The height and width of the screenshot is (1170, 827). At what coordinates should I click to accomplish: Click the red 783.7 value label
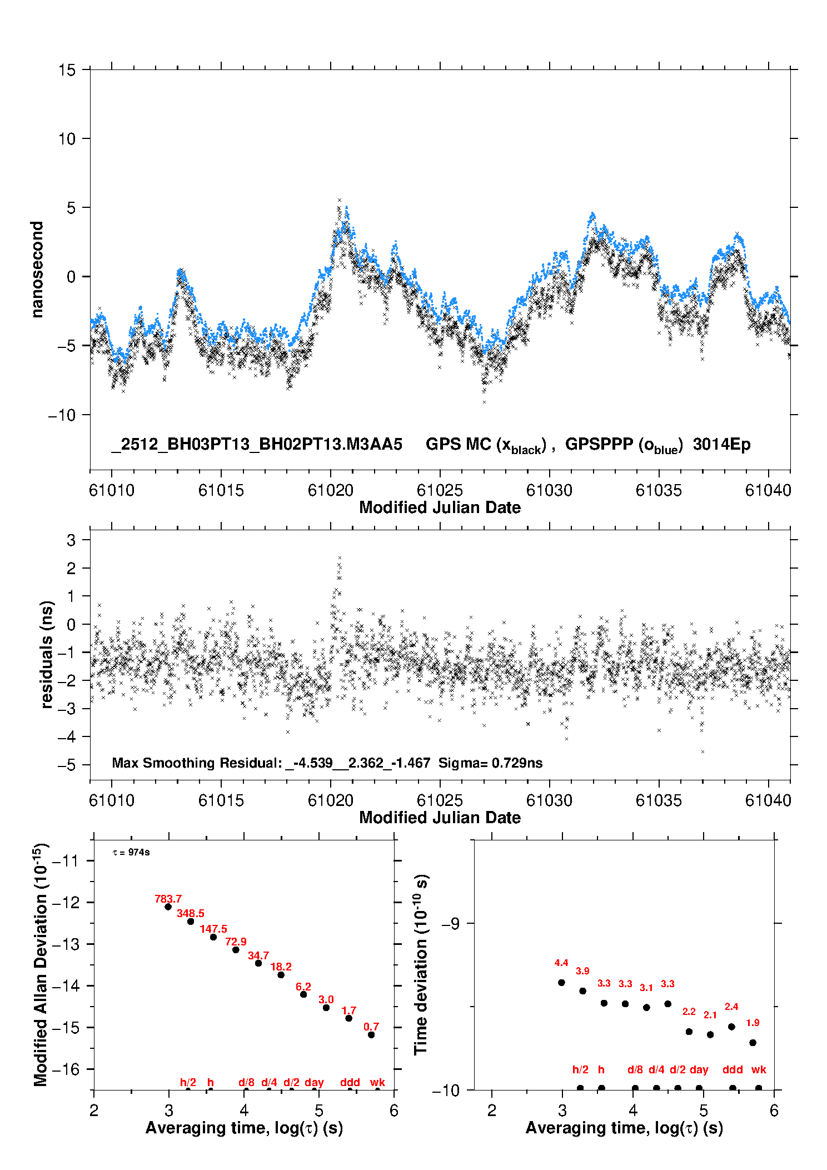tap(168, 899)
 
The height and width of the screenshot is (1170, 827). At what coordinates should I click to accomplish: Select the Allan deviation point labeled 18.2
tap(281, 975)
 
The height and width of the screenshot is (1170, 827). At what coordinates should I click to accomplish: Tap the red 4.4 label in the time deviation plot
tap(561, 963)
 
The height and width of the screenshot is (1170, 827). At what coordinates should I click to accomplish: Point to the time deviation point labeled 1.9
tap(753, 1043)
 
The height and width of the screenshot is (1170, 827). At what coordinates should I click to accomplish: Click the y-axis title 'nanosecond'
tap(37, 270)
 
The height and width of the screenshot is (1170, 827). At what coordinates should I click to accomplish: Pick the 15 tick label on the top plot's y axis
tap(67, 70)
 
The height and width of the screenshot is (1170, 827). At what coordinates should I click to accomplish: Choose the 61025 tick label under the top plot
tap(440, 490)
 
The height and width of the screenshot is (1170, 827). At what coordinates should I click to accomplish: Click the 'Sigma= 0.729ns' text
tap(490, 763)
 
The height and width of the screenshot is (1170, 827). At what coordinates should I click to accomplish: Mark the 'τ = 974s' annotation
tap(131, 853)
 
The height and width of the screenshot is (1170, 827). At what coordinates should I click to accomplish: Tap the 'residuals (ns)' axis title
tap(47, 654)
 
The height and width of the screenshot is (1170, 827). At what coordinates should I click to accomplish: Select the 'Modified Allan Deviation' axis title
tap(41, 964)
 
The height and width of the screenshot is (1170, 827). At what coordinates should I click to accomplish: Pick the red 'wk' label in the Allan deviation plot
tap(377, 1082)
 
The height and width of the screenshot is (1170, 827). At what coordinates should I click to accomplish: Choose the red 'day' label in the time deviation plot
tap(699, 1069)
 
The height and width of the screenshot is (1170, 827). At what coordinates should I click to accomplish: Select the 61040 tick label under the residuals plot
tap(768, 800)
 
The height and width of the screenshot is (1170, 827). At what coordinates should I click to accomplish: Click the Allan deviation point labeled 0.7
tap(371, 1035)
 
